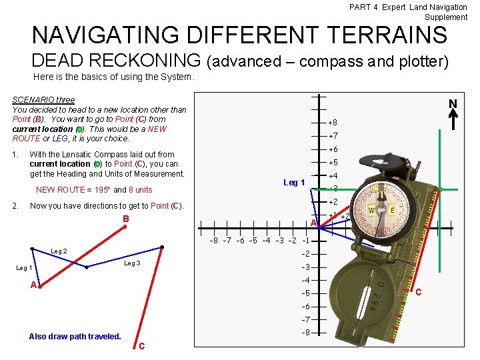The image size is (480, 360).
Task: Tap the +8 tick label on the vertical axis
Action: [333, 123]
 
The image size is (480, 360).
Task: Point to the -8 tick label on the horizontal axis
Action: [213, 241]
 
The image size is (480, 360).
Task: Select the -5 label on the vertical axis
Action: [305, 293]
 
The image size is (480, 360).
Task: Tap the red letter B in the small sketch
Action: [125, 219]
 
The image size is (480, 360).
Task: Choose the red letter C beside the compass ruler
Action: [419, 292]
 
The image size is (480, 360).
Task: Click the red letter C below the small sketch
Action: [141, 345]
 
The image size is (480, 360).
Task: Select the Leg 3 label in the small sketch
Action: [133, 263]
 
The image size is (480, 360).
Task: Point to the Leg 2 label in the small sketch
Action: [59, 251]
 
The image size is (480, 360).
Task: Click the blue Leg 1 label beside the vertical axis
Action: [294, 183]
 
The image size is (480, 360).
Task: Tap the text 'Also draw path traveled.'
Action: [75, 336]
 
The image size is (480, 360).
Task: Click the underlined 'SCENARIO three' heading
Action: [43, 100]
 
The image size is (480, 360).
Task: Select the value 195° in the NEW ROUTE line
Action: [101, 190]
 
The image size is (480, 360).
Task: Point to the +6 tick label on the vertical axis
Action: [333, 149]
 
